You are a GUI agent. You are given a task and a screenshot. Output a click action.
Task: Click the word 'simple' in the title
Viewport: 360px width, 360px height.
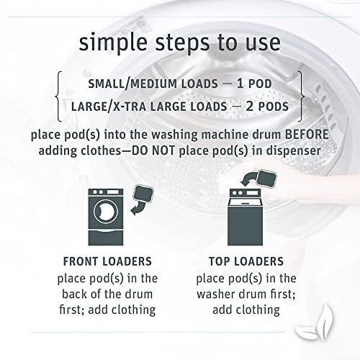coord(113,44)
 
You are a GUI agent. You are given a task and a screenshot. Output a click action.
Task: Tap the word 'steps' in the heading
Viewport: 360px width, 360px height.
coord(183,44)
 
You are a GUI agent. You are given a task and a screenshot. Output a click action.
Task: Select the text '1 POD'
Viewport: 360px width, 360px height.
coord(254,84)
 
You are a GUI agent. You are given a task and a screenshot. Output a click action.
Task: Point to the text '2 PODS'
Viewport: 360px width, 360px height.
coord(267,107)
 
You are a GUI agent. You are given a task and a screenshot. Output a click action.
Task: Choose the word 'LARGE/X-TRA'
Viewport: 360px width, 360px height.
coord(109,107)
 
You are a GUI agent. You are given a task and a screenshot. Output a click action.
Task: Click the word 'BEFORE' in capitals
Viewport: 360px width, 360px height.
coord(307,135)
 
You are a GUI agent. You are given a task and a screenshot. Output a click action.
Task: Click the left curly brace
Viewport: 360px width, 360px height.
coord(58,96)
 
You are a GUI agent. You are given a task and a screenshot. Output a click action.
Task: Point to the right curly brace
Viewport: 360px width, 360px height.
coord(301,96)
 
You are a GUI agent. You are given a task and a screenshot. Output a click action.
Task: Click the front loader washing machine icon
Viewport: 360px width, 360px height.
coord(106,217)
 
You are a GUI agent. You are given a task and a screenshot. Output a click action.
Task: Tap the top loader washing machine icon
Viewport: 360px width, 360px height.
coord(245,217)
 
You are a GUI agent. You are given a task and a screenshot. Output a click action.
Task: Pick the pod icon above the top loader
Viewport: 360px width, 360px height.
coord(266,179)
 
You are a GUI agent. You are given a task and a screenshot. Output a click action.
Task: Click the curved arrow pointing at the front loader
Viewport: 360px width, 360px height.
coord(138,209)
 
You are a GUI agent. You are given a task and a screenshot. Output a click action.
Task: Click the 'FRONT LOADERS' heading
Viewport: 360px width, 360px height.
coord(107,261)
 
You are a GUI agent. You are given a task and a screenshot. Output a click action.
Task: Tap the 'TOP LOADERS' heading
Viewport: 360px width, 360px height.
coord(246,261)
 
